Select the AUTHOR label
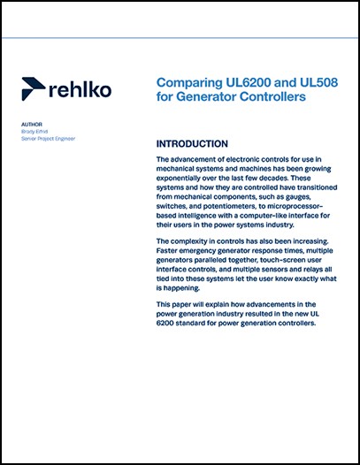[x=31, y=126]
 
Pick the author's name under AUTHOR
[x=36, y=133]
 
